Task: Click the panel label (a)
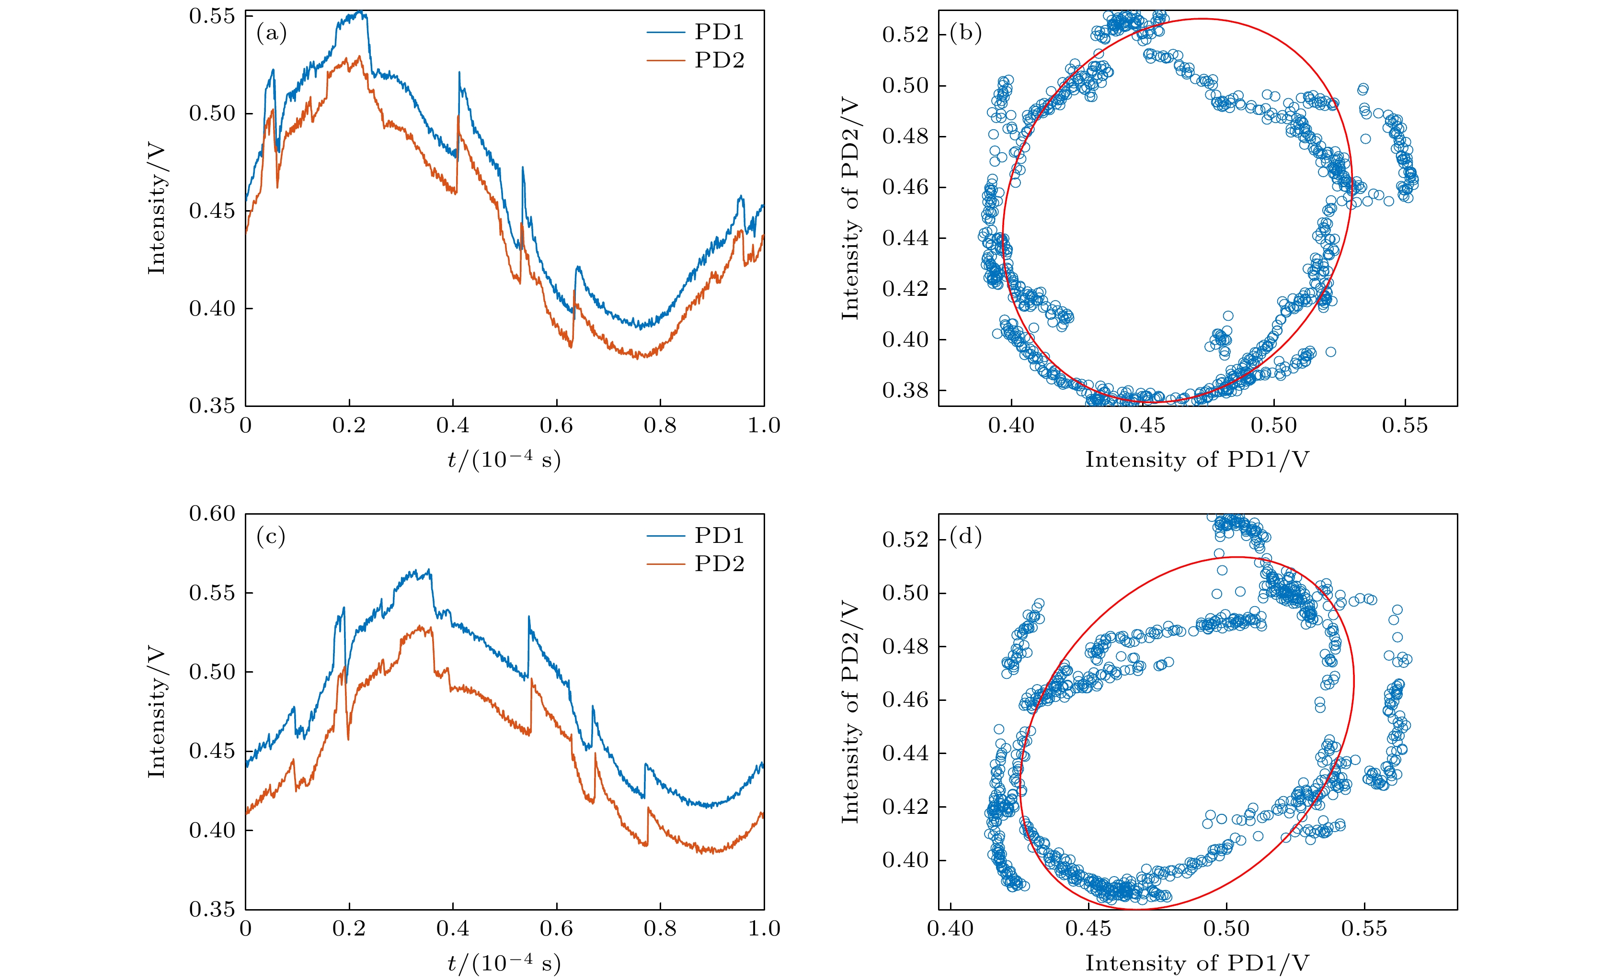click(x=271, y=33)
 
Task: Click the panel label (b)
click(x=965, y=33)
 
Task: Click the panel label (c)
click(x=271, y=537)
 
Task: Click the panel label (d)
click(x=965, y=537)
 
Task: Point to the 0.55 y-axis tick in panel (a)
click(x=212, y=16)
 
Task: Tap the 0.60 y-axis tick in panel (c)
click(x=212, y=514)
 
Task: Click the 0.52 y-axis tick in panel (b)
click(x=905, y=34)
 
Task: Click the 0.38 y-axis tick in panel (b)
click(x=905, y=390)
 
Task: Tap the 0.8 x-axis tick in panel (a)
click(x=660, y=426)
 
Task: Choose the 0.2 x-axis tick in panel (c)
click(x=349, y=929)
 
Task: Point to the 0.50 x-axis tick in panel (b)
click(x=1273, y=426)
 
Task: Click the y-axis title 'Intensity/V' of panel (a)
click(x=157, y=208)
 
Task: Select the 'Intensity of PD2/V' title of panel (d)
click(x=850, y=711)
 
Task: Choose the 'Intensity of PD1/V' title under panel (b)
click(x=1197, y=460)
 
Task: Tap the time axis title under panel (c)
click(x=504, y=963)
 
